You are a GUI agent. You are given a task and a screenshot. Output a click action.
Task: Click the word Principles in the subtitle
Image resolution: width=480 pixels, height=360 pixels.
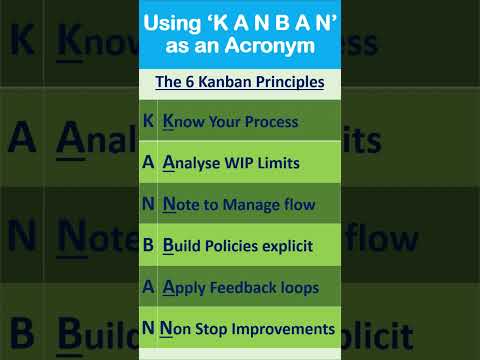coord(286,82)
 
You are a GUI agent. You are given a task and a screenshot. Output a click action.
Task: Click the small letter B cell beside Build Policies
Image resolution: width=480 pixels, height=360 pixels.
coord(148,245)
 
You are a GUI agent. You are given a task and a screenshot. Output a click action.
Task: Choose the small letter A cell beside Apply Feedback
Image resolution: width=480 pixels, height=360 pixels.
coord(148,287)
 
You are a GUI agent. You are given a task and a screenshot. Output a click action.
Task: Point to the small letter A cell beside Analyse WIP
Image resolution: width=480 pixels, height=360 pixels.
coord(148,162)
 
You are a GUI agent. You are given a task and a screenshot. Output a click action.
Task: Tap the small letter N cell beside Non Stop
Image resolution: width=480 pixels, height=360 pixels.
coord(148,328)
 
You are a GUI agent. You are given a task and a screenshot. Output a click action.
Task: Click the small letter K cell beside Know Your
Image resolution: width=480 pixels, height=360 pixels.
coord(148,121)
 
